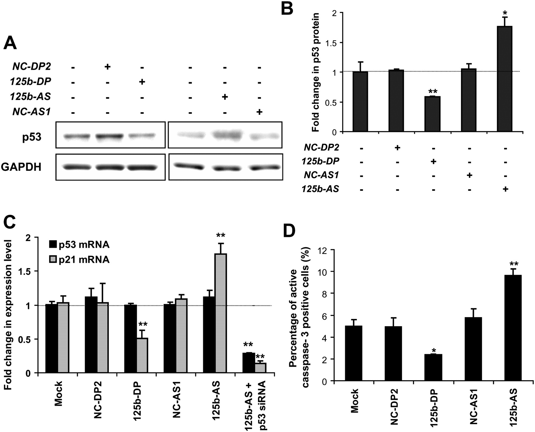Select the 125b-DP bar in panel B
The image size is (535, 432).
[432, 114]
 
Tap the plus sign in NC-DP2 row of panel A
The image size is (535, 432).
[108, 67]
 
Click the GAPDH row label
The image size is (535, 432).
[21, 167]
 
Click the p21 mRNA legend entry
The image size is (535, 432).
[79, 260]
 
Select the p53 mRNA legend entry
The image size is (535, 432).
[79, 245]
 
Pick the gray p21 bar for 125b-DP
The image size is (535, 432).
[142, 355]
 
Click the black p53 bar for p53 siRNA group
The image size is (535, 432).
[248, 363]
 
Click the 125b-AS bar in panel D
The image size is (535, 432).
[513, 328]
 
